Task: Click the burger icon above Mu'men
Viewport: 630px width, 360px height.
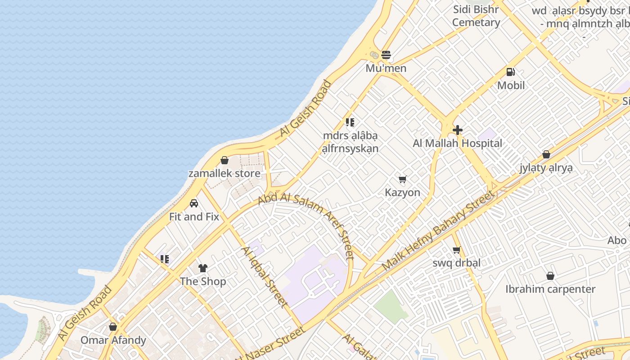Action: [x=386, y=55]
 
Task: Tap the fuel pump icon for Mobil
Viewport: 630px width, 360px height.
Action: [x=511, y=72]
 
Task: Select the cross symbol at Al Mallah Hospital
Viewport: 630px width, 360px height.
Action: [x=458, y=130]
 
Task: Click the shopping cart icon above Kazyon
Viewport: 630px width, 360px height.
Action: [x=403, y=180]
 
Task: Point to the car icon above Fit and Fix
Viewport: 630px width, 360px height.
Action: [x=194, y=203]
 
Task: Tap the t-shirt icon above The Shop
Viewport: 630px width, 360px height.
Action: [x=203, y=268]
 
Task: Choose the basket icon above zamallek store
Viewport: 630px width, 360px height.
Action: [x=224, y=160]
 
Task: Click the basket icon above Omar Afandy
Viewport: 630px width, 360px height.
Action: [x=113, y=327]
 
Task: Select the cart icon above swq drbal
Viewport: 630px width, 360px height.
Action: [x=456, y=250]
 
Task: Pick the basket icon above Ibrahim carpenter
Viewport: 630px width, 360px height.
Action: [x=550, y=276]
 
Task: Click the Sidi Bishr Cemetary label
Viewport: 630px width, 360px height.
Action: [x=476, y=16]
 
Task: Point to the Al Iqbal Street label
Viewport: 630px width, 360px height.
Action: [x=265, y=277]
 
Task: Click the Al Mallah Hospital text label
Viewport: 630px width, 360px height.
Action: [x=458, y=144]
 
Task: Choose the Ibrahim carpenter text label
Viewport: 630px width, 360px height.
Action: [x=550, y=289]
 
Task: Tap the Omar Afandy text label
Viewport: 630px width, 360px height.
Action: [x=113, y=340]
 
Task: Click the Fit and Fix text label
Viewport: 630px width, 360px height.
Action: [x=194, y=216]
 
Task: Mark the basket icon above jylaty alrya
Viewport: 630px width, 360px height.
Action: [x=546, y=155]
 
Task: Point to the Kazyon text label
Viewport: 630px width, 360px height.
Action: [x=402, y=193]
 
